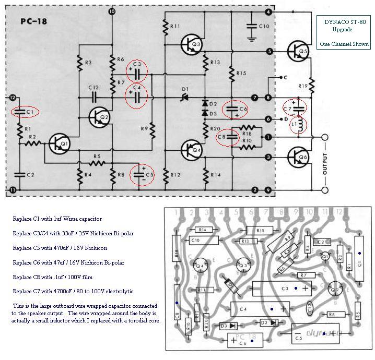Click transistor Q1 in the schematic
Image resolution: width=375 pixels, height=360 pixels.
[59, 143]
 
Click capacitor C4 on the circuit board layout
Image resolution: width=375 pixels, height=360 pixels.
[260, 309]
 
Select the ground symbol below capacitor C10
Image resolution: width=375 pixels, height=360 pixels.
[252, 38]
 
